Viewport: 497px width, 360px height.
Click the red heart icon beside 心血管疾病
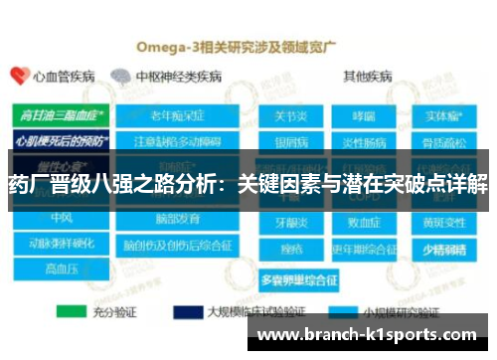18,76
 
